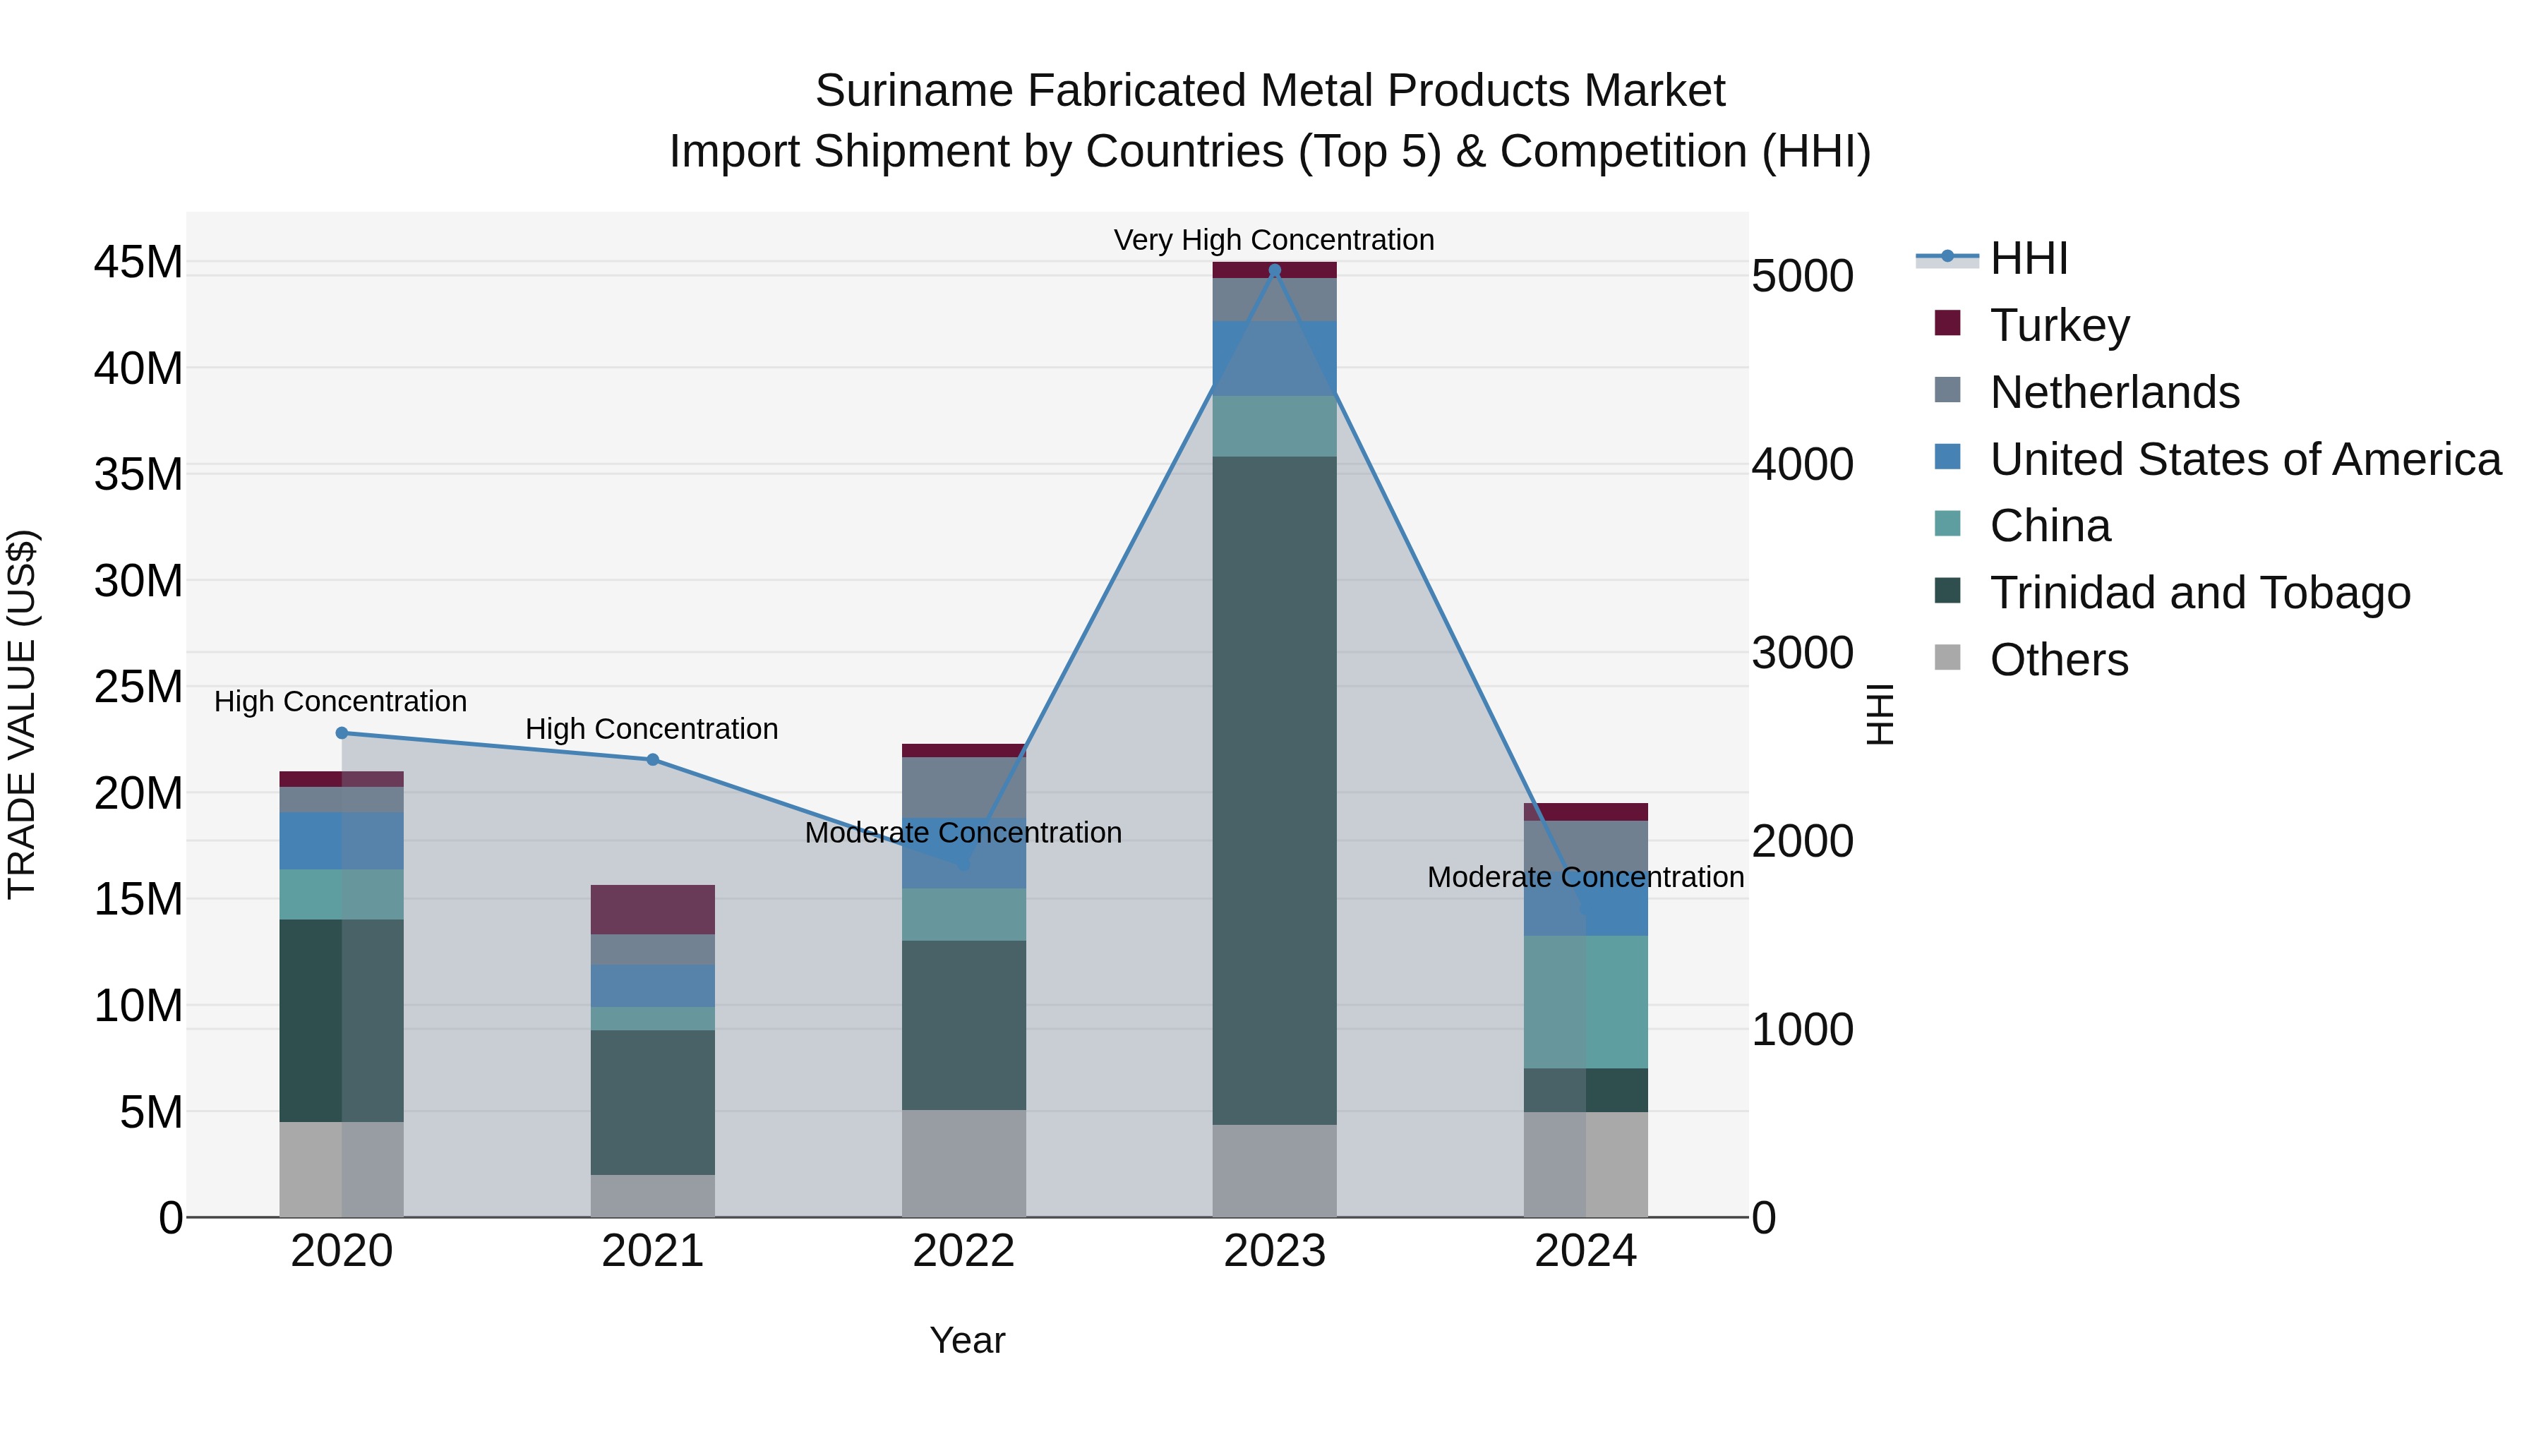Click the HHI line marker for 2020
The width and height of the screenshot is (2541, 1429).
click(342, 732)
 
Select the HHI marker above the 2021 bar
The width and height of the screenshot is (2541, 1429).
click(652, 759)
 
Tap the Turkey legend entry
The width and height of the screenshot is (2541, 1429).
click(2059, 325)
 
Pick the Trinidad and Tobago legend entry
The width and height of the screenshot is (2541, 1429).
click(2199, 593)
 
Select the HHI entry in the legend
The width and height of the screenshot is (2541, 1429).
click(2027, 258)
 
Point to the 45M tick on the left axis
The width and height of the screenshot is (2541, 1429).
click(138, 263)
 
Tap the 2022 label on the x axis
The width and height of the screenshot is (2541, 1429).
click(963, 1251)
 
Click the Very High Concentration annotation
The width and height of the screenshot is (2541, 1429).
click(1273, 240)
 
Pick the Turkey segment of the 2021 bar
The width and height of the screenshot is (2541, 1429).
click(652, 910)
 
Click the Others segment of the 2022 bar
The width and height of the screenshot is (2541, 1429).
click(963, 1164)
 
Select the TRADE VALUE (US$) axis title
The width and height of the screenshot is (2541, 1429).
click(22, 714)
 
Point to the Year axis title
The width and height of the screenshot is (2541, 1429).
click(967, 1340)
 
